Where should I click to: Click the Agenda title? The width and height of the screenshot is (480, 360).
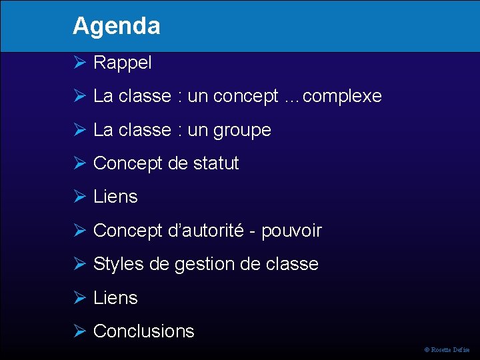pyautogui.click(x=117, y=26)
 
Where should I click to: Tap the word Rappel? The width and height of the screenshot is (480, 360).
pyautogui.click(x=123, y=63)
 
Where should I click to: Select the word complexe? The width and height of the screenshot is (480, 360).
pyautogui.click(x=342, y=97)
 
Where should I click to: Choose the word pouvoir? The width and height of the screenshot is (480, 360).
pyautogui.click(x=291, y=231)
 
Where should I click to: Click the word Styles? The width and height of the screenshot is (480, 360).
pyautogui.click(x=119, y=264)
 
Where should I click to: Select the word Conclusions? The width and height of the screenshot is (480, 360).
pyautogui.click(x=144, y=331)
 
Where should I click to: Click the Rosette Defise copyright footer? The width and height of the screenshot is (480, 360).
pyautogui.click(x=447, y=349)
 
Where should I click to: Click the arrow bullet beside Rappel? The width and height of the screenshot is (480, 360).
pyautogui.click(x=79, y=63)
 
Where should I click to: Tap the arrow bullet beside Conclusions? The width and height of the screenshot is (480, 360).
pyautogui.click(x=79, y=331)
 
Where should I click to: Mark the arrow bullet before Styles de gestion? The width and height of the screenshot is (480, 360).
pyautogui.click(x=79, y=264)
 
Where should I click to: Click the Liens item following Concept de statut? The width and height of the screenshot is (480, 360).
pyautogui.click(x=115, y=197)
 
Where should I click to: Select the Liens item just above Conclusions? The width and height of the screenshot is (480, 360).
pyautogui.click(x=115, y=297)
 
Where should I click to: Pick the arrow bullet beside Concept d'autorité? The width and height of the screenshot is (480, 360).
pyautogui.click(x=79, y=231)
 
